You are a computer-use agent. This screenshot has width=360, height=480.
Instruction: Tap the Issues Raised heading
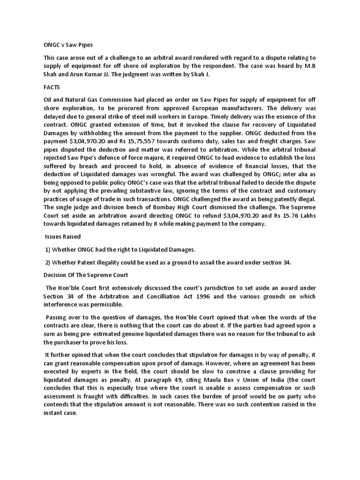[63, 237]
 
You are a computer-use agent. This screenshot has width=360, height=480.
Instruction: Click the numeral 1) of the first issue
[47, 249]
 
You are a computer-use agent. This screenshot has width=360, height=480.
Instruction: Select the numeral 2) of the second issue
[47, 262]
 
